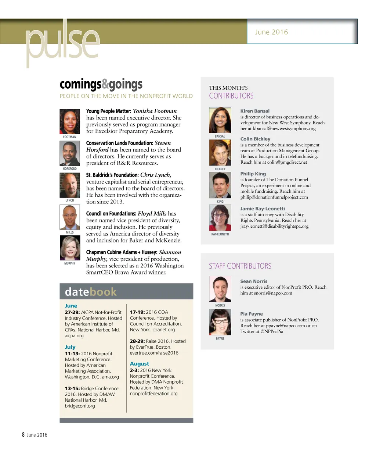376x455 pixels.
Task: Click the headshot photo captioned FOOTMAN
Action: tap(70, 122)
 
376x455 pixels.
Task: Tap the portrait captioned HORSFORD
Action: tap(70, 154)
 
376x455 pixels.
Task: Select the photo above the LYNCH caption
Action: tap(70, 185)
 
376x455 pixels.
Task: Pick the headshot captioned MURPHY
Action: tap(70, 248)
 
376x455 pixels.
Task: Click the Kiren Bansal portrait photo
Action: tap(220, 120)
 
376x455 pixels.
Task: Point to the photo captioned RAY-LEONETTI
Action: tap(220, 218)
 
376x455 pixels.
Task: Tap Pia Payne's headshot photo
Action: tap(220, 322)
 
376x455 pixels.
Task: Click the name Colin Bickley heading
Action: tap(255, 139)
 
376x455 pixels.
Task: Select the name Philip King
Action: tap(253, 174)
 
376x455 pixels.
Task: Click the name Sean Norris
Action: tap(254, 281)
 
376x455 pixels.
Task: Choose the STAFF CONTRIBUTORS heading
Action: tap(240, 266)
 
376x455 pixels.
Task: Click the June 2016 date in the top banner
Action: tap(271, 32)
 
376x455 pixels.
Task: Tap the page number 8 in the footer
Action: tap(23, 435)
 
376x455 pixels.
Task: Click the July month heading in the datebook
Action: tap(70, 347)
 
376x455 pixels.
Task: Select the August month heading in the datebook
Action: tap(140, 364)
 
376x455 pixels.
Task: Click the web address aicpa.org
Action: tap(74, 336)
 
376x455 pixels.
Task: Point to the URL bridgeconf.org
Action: tap(80, 406)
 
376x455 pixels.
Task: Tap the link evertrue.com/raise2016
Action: tap(154, 353)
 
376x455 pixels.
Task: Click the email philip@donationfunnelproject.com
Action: tap(274, 197)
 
